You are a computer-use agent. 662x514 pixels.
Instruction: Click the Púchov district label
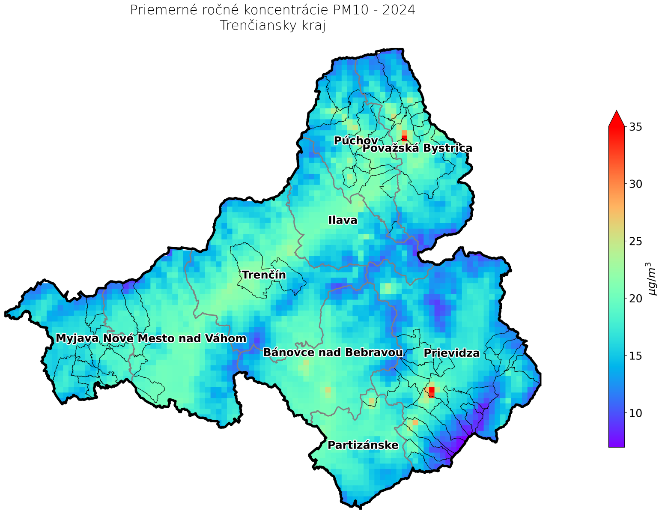pyautogui.click(x=355, y=140)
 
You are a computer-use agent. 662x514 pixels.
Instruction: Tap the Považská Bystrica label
pyautogui.click(x=417, y=149)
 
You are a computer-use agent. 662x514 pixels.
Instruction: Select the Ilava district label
pyautogui.click(x=343, y=221)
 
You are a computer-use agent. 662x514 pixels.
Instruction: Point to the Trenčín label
pyautogui.click(x=264, y=275)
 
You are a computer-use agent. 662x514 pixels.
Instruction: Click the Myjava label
pyautogui.click(x=77, y=338)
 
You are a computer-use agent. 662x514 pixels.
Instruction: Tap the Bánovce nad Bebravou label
pyautogui.click(x=333, y=353)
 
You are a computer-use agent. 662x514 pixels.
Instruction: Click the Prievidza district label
pyautogui.click(x=452, y=353)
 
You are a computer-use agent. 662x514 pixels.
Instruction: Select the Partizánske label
pyautogui.click(x=363, y=445)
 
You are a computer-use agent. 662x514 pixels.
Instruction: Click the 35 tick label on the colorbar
pyautogui.click(x=635, y=127)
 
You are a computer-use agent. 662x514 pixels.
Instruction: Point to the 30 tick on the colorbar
pyautogui.click(x=635, y=184)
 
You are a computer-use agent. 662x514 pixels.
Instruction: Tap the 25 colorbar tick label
pyautogui.click(x=635, y=241)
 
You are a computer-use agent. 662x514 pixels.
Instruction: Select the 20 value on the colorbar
pyautogui.click(x=635, y=299)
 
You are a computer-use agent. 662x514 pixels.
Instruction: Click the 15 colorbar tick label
pyautogui.click(x=635, y=356)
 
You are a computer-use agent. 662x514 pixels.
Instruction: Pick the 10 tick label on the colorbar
pyautogui.click(x=635, y=413)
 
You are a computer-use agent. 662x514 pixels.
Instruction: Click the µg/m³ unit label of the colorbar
pyautogui.click(x=652, y=279)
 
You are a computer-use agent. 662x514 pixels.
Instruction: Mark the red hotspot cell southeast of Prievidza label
pyautogui.click(x=432, y=392)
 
